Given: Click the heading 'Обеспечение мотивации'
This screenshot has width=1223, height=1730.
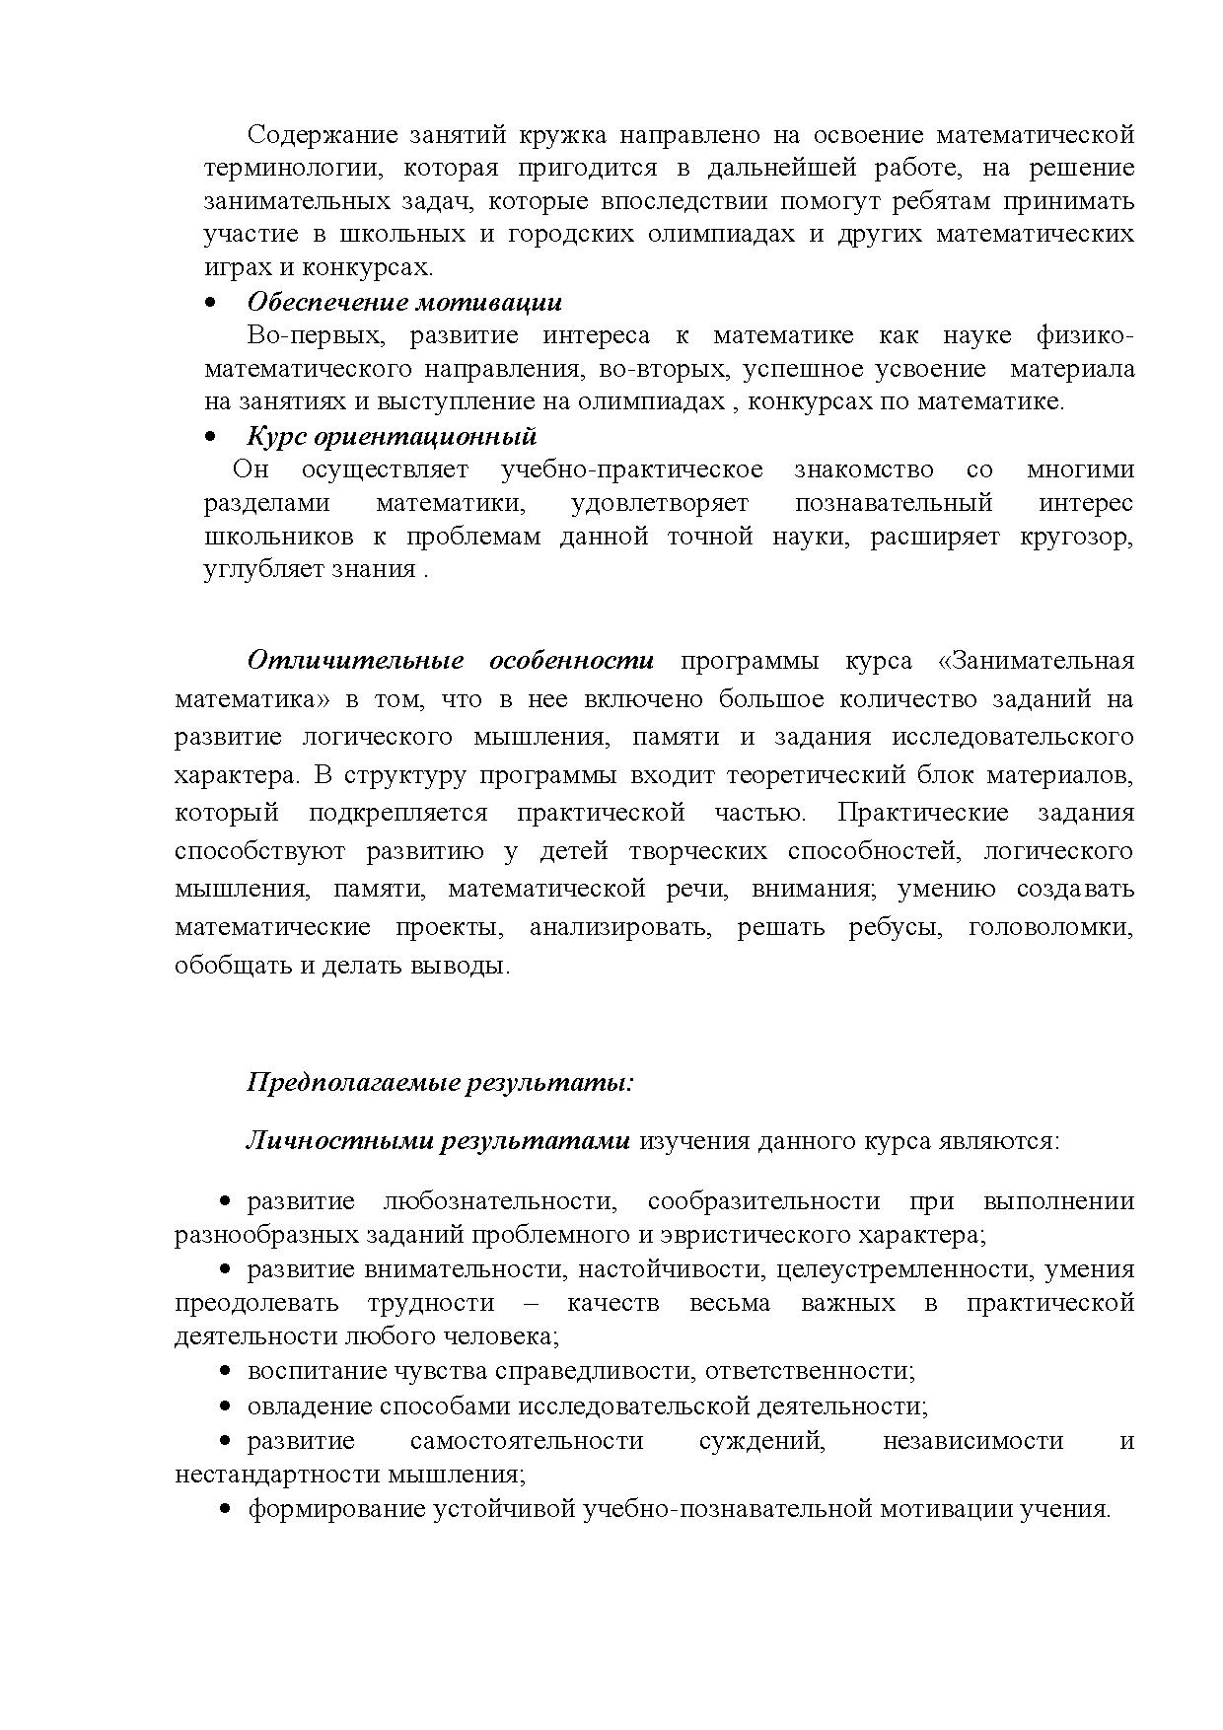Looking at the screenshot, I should coord(404,302).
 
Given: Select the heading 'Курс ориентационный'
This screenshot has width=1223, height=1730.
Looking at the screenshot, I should coord(392,436).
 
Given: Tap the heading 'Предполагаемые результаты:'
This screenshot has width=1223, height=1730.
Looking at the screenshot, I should coord(440,1083).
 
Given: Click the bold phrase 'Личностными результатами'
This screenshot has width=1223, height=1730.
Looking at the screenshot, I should coord(437,1141).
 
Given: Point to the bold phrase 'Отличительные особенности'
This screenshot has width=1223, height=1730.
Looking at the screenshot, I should coord(451,660).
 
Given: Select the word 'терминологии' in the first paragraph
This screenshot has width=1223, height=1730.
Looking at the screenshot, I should coord(289,168).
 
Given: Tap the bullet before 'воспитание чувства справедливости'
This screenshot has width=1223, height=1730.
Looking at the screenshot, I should coord(225,1371).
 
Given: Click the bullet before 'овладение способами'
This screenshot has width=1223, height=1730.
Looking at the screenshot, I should coord(225,1406).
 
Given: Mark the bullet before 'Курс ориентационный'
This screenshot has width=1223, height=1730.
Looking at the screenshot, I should coord(209,436).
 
